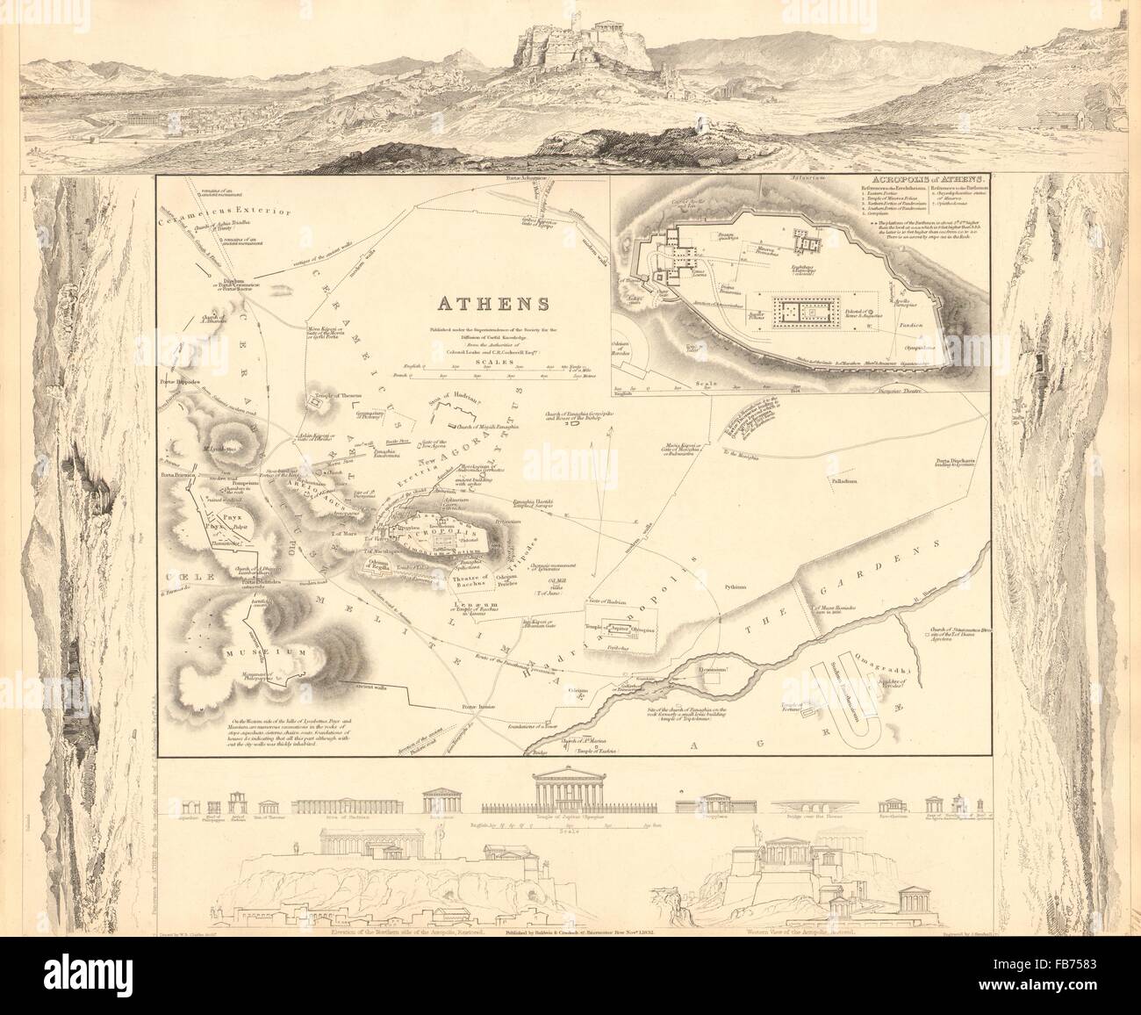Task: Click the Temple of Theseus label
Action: click(333, 395)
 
